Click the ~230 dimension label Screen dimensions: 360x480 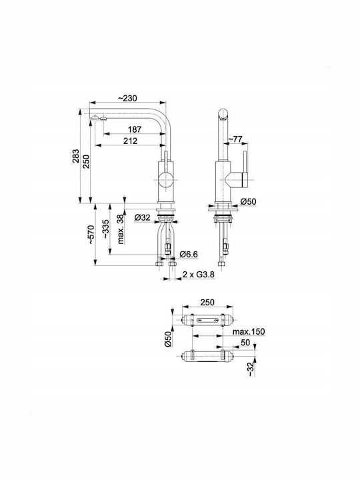click(x=127, y=98)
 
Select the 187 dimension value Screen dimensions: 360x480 click(x=135, y=129)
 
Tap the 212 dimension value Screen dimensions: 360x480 click(x=131, y=141)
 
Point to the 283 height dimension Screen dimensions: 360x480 click(x=75, y=156)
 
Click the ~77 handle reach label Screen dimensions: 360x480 click(x=236, y=139)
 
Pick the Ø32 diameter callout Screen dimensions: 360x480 click(x=143, y=217)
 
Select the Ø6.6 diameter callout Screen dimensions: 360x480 click(x=189, y=254)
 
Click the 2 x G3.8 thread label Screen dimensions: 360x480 click(x=199, y=275)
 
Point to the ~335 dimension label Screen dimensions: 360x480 click(x=105, y=229)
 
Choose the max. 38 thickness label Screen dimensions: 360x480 click(x=121, y=229)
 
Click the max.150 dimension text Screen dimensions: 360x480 click(x=249, y=331)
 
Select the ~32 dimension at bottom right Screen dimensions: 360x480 click(x=251, y=369)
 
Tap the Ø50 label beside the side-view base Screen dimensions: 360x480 click(x=248, y=202)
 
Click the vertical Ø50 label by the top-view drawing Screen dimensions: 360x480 click(x=167, y=339)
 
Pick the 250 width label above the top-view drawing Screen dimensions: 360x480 click(x=207, y=302)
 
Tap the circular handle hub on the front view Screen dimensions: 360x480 click(x=166, y=179)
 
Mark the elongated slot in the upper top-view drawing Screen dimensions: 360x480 click(x=207, y=321)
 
